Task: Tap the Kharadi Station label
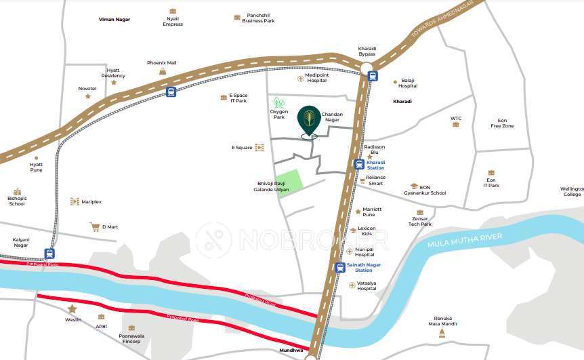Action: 375,165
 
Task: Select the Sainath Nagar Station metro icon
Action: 339,267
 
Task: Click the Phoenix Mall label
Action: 161,63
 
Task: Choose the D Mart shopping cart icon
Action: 94,226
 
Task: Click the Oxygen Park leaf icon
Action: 277,102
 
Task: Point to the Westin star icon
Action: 72,309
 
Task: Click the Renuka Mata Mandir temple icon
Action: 442,333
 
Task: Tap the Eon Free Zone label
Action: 502,123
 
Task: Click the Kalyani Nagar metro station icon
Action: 49,254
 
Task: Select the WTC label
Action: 456,119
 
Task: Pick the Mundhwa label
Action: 291,350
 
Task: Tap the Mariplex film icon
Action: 75,201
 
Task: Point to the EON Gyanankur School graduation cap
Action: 413,186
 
